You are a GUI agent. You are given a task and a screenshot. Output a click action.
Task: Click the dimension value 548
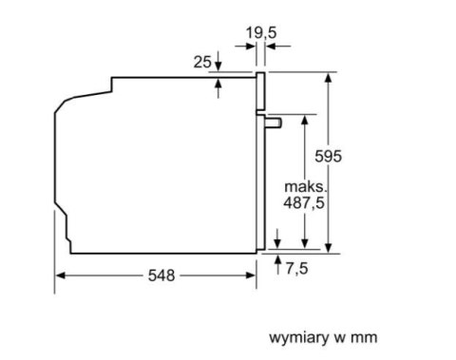[x=161, y=275]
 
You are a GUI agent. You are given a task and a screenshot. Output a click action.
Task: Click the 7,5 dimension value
[x=297, y=269]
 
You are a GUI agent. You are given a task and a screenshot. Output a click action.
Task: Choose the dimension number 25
[x=200, y=62]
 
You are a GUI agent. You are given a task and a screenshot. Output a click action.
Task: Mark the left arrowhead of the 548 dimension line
[x=59, y=275]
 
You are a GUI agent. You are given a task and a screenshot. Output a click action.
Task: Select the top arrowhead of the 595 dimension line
[x=329, y=76]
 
